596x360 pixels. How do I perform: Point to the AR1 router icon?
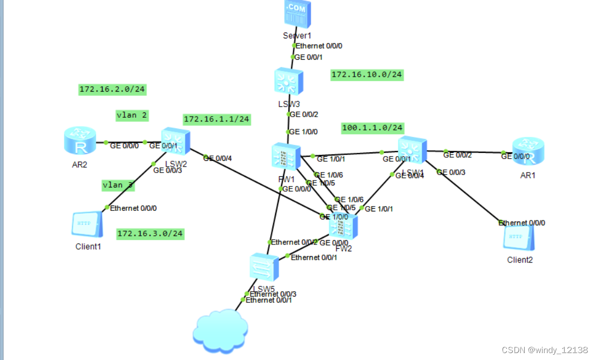(527, 151)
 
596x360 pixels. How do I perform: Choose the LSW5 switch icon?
(264, 267)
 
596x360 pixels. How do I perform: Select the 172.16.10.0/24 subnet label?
(367, 74)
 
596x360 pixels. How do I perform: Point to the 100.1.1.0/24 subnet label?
(372, 128)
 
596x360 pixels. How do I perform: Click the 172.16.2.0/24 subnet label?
(112, 89)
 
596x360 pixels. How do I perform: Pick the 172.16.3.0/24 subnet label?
(150, 233)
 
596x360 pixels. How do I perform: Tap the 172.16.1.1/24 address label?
(217, 119)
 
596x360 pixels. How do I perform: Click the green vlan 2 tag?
(132, 114)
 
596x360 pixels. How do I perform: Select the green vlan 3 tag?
(118, 185)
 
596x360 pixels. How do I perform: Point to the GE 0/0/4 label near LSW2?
(217, 158)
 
